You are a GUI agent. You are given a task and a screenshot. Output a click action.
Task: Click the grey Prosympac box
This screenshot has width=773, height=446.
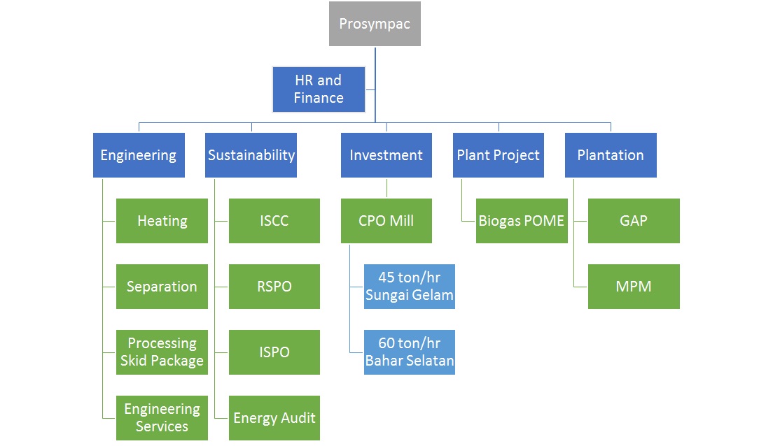point(375,24)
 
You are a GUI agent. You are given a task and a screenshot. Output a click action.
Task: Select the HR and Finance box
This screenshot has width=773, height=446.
point(319,89)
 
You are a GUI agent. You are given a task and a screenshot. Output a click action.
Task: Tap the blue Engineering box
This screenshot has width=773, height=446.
point(139,155)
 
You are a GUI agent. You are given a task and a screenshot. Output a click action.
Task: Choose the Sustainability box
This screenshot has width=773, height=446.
point(251,155)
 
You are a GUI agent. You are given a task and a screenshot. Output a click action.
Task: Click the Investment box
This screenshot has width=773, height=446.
point(386,155)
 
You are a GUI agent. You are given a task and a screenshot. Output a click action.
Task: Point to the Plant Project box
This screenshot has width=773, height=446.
point(499,155)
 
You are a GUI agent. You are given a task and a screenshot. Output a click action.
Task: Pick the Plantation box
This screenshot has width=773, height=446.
point(611,155)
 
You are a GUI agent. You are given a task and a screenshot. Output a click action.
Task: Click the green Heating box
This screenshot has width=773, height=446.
point(162,220)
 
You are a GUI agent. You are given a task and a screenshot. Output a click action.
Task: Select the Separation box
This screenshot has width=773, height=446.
point(162,287)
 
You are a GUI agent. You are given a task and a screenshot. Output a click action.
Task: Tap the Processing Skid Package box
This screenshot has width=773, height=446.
point(162,352)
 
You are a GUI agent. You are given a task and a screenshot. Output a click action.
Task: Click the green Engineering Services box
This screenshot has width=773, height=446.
point(162,418)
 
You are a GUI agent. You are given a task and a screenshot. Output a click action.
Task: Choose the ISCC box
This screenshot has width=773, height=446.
point(274,220)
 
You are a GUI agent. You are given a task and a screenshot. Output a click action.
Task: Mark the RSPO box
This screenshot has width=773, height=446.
point(274,287)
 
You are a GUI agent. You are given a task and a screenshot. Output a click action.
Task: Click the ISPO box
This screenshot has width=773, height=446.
point(274,352)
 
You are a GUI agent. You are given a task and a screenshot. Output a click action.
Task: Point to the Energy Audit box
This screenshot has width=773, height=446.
point(274,418)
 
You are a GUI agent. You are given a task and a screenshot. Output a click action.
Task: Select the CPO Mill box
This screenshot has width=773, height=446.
point(386,220)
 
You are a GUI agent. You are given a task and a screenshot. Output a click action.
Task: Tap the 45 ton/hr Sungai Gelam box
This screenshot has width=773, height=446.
point(409,287)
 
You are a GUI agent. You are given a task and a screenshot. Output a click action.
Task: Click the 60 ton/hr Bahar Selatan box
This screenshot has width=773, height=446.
point(409,352)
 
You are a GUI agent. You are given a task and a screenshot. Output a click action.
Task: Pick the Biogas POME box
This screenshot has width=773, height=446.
point(522,220)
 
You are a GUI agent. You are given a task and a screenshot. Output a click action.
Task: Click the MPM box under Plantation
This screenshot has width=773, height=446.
point(634,287)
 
